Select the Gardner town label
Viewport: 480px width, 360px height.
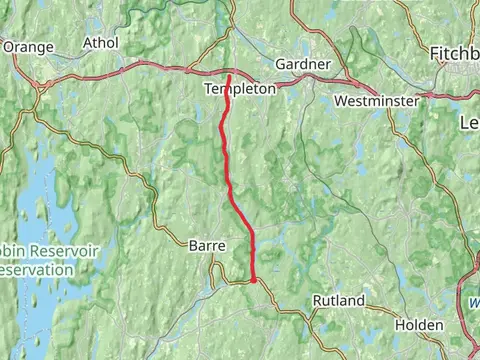tap(302, 64)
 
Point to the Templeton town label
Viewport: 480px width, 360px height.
tap(239, 89)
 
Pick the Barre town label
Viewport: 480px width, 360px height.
tap(207, 245)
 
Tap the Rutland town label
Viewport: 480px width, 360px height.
tap(338, 300)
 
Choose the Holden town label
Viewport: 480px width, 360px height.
tap(418, 324)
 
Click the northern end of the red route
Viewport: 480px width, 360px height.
tap(229, 76)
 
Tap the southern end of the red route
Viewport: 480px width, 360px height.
tap(254, 281)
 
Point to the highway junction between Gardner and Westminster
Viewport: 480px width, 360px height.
tap(350, 80)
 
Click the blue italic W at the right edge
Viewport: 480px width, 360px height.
tap(473, 297)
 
